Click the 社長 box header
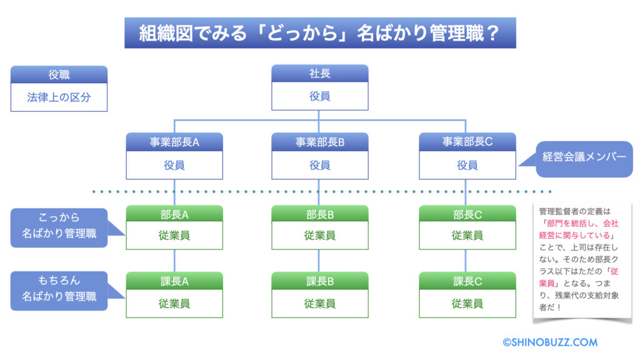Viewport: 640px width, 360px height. pyautogui.click(x=319, y=74)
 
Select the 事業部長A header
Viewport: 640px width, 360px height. pyautogui.click(x=174, y=142)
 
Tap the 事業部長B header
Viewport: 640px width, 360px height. pyautogui.click(x=319, y=142)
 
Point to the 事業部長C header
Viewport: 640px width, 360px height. pyautogui.click(x=467, y=142)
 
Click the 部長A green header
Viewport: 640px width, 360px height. pyautogui.click(x=174, y=214)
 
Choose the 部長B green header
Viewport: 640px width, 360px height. pyautogui.click(x=319, y=214)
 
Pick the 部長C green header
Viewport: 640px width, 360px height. pyautogui.click(x=467, y=214)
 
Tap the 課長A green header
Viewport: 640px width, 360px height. pyautogui.click(x=174, y=281)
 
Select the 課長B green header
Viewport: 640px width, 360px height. pyautogui.click(x=319, y=281)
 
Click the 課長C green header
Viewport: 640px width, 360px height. pyautogui.click(x=467, y=281)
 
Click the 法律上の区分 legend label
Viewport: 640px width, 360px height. pyautogui.click(x=59, y=97)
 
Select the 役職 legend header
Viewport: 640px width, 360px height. pyautogui.click(x=59, y=75)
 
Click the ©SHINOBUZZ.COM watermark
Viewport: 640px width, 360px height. pyautogui.click(x=550, y=342)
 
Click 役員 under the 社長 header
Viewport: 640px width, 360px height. pyautogui.click(x=319, y=96)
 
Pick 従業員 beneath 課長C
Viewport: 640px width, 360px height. pyautogui.click(x=467, y=303)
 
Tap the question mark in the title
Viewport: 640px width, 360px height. pyautogui.click(x=493, y=33)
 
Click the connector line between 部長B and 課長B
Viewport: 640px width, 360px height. pyautogui.click(x=319, y=261)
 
